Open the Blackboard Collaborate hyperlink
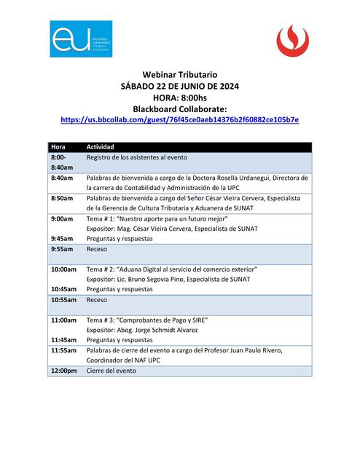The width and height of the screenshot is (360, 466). [x=179, y=119]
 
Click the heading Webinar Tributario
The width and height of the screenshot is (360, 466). [x=180, y=75]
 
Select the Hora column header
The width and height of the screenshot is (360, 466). [x=58, y=147]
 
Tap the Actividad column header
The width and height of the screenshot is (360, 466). [x=101, y=147]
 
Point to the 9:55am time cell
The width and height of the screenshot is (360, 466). [x=62, y=249]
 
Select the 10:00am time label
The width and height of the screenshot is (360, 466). [x=63, y=269]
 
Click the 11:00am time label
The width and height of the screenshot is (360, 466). [x=63, y=320]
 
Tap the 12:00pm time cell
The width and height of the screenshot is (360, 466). [x=63, y=371]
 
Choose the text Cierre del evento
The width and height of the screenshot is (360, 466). [x=111, y=371]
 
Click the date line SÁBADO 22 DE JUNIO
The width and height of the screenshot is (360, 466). [x=180, y=86]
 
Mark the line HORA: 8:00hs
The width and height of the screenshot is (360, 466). [x=180, y=97]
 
